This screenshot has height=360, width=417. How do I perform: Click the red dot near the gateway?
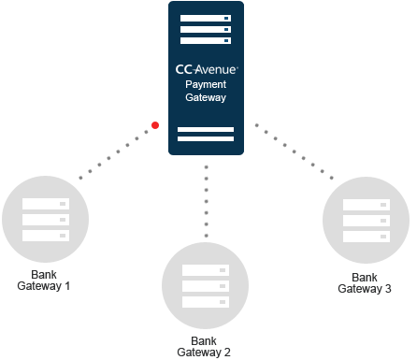point(155,124)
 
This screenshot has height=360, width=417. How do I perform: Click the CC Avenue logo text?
point(206,69)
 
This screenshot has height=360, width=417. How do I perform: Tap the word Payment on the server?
point(206,84)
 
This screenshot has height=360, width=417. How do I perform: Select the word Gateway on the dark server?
point(206,97)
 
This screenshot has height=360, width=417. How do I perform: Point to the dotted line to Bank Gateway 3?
point(295,151)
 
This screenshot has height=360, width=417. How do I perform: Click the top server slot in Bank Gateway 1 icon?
point(46,203)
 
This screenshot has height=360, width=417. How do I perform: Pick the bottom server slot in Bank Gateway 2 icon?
point(205,303)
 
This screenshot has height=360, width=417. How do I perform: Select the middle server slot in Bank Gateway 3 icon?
point(366,221)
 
